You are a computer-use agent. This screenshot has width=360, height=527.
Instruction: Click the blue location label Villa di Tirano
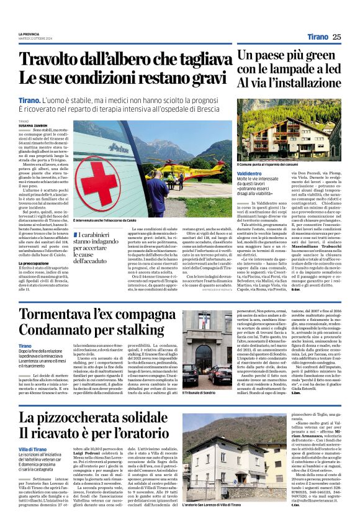(33, 466)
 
